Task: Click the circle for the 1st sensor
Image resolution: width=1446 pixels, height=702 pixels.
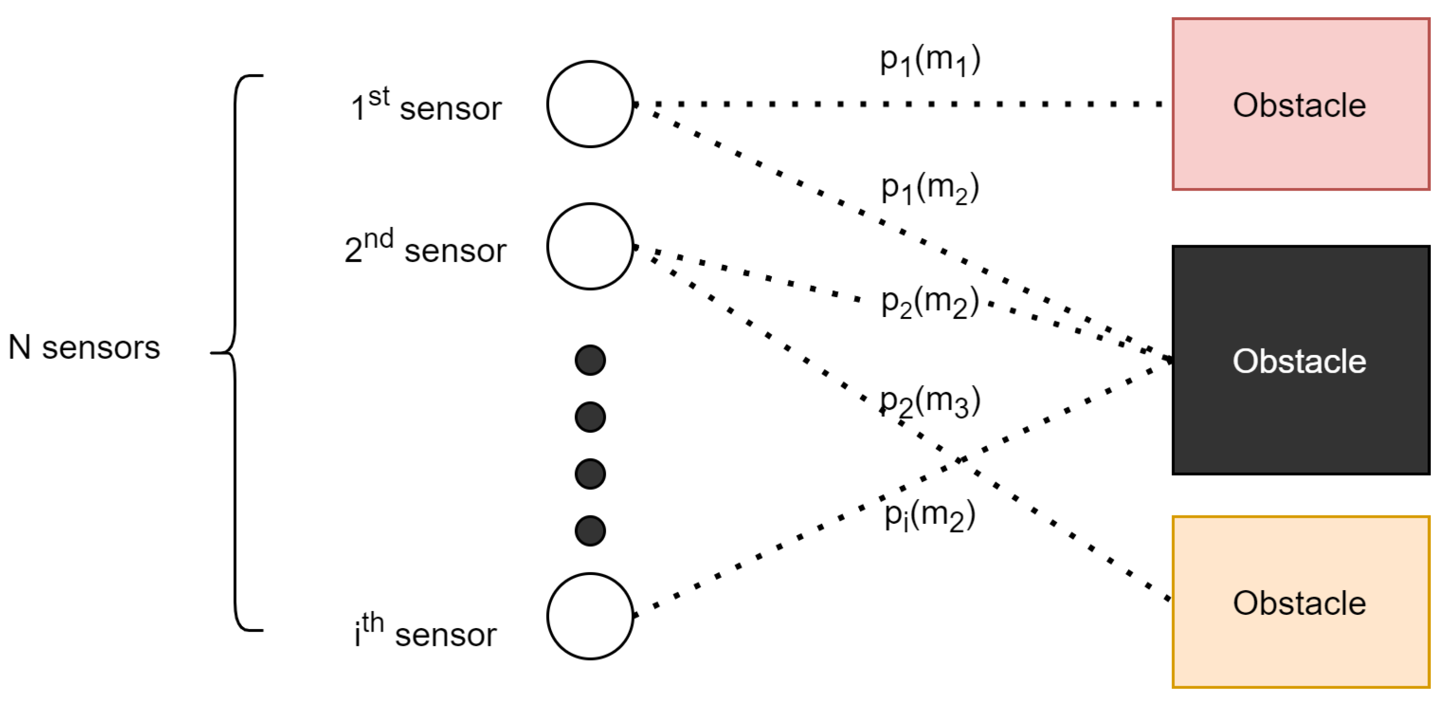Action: (x=590, y=104)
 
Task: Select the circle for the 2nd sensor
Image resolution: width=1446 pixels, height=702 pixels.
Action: (x=590, y=247)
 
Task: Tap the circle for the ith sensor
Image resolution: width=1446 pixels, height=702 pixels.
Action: (x=590, y=616)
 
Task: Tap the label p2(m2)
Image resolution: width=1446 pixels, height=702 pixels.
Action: (x=929, y=302)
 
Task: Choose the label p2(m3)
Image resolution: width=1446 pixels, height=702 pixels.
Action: (x=929, y=402)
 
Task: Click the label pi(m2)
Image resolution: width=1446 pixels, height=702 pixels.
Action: (x=929, y=515)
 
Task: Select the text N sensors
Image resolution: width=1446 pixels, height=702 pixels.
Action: (x=84, y=347)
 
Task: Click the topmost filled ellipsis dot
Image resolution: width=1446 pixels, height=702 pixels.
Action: (x=590, y=360)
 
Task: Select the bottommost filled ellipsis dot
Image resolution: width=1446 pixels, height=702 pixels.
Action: (x=590, y=531)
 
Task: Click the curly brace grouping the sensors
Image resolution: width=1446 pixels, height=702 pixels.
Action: (x=235, y=352)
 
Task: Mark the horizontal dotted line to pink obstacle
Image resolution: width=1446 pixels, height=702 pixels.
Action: (x=898, y=104)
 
